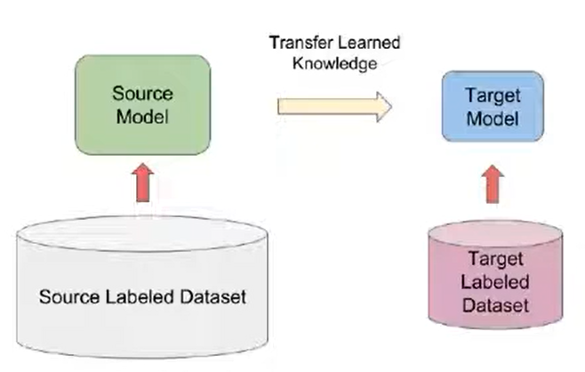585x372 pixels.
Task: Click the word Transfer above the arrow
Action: point(299,43)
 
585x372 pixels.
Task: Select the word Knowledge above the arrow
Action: point(337,63)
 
